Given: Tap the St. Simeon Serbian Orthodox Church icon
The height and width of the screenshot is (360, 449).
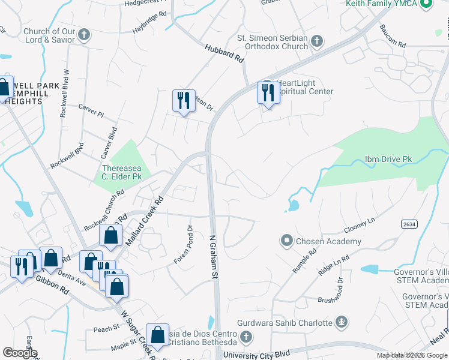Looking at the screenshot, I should click(317, 41).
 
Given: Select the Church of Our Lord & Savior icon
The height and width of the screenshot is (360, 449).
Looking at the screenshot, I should click(84, 34).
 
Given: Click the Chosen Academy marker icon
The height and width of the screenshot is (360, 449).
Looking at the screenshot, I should click(286, 241).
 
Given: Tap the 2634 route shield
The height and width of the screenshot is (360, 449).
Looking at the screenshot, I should click(410, 224).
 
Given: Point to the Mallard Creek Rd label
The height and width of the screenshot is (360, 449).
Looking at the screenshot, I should click(145, 221).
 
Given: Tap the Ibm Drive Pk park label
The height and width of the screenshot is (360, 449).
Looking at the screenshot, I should click(388, 160).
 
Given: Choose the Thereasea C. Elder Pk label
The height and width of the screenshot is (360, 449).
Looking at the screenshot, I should click(121, 172).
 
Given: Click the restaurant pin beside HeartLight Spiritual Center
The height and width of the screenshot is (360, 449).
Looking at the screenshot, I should click(268, 94).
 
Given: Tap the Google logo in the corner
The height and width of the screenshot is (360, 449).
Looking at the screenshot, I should click(20, 353).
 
